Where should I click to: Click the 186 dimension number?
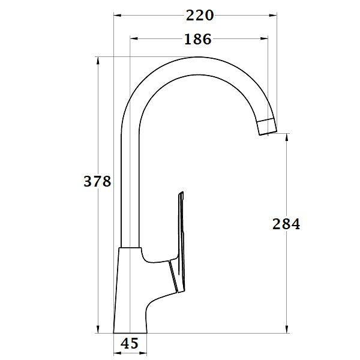[197, 40]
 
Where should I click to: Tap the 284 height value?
[286, 224]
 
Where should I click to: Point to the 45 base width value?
[130, 344]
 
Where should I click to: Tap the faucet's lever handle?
[179, 240]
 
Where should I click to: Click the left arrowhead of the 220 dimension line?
[118, 15]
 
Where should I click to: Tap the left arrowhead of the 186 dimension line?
[134, 40]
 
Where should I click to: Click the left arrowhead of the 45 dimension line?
[117, 344]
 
